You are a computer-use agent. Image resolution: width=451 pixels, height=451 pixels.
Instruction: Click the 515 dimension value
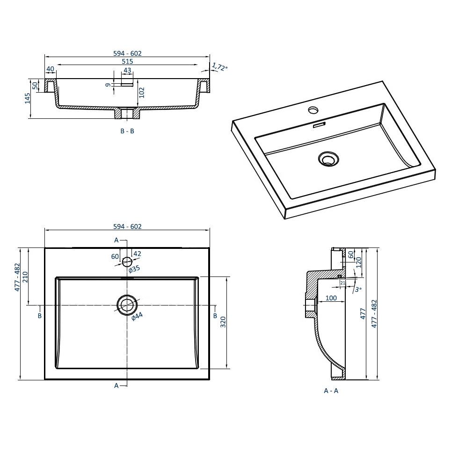(x=127, y=61)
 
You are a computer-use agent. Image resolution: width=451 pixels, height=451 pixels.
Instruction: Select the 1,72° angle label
(x=219, y=67)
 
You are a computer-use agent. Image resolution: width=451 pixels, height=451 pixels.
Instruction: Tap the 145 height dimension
(x=28, y=98)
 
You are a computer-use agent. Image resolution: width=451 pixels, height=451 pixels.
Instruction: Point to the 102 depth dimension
(x=142, y=92)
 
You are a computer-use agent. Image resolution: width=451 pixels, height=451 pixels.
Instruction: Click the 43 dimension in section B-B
(x=127, y=71)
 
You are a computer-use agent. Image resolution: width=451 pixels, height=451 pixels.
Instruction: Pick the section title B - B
(x=127, y=131)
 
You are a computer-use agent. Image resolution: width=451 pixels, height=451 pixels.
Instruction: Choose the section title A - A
(x=331, y=391)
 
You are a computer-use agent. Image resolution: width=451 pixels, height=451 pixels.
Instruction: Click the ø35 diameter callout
(x=134, y=269)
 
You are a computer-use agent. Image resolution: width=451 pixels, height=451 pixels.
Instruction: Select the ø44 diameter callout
(x=137, y=317)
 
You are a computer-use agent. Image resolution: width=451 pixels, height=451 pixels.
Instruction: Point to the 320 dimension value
(x=223, y=322)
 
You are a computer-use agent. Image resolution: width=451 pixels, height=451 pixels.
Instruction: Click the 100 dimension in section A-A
(x=331, y=298)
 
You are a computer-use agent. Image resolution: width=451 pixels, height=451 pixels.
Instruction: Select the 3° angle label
(x=358, y=289)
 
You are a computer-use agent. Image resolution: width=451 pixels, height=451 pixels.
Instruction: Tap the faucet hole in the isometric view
(x=313, y=110)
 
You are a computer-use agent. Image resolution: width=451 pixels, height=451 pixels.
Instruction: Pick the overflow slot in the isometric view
(x=319, y=125)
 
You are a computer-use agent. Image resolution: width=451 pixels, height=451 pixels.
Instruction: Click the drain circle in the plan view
(x=127, y=305)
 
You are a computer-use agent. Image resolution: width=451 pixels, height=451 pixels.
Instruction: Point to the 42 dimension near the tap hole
(x=137, y=254)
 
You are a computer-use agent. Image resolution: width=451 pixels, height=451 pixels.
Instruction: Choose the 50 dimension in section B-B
(x=35, y=85)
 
